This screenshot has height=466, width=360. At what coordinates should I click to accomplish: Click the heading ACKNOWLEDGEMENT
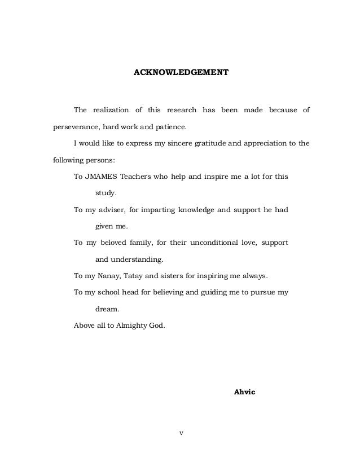(180, 73)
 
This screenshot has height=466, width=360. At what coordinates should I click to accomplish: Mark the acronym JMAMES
(103, 177)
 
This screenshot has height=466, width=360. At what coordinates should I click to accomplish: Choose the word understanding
(138, 260)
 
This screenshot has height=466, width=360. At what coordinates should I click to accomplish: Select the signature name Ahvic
(244, 391)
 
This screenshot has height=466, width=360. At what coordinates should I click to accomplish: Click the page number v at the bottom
(181, 433)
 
